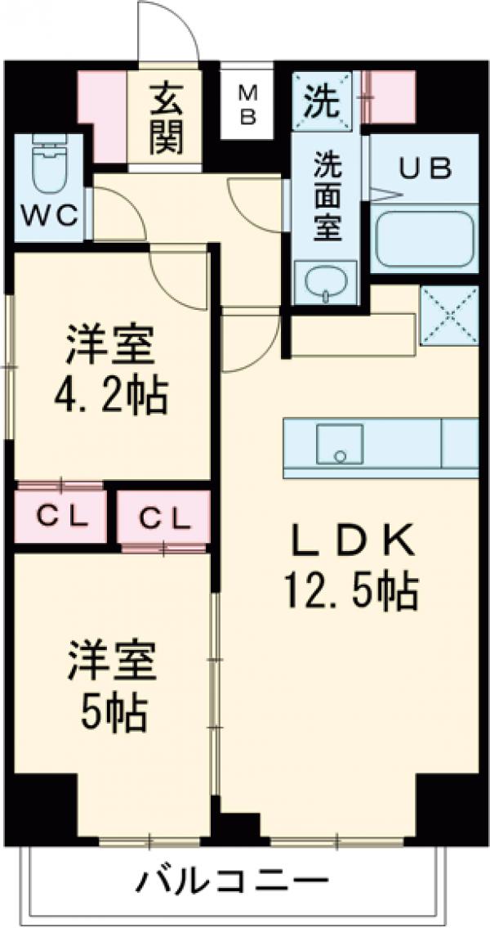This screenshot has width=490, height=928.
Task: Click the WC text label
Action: pyautogui.click(x=49, y=216)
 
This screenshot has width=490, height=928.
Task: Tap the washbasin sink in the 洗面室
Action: pyautogui.click(x=325, y=282)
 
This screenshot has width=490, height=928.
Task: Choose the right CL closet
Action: pyautogui.click(x=163, y=518)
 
